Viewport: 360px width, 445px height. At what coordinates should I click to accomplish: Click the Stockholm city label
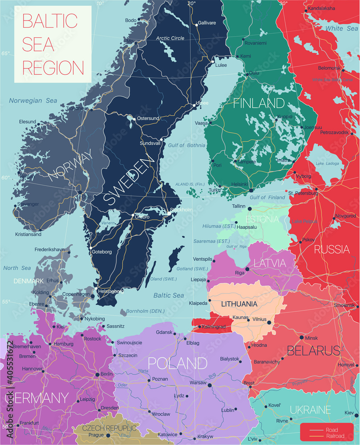pos(182,210)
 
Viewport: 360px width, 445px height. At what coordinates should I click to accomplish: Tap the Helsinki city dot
pos(251,190)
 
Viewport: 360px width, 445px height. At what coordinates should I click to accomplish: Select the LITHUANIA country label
pos(239,304)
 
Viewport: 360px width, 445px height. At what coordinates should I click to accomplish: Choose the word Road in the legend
pos(332,429)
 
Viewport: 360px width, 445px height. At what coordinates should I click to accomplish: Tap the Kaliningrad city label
pos(214,327)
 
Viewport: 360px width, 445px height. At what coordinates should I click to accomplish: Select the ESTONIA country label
pos(263,219)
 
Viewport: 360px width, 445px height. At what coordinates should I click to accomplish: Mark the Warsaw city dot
pos(210,385)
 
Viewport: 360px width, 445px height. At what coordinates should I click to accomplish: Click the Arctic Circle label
pos(170,38)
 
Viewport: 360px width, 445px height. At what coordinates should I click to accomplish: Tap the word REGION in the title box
pos(53,68)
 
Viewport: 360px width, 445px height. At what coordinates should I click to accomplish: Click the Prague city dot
pos(108,435)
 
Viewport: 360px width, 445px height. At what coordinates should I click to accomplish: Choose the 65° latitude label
pos(5,53)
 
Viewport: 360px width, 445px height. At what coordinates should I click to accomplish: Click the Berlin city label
pos(107,374)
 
